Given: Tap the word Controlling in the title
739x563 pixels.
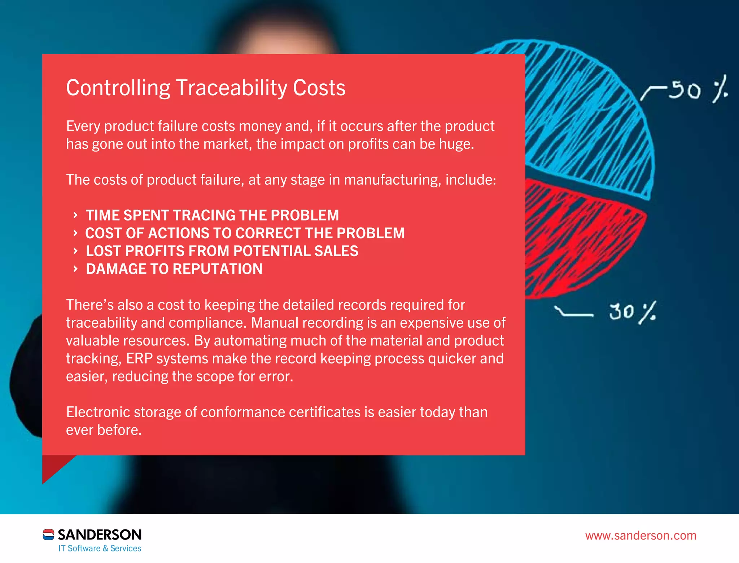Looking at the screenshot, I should (118, 88).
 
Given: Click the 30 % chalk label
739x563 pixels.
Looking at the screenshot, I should (632, 312).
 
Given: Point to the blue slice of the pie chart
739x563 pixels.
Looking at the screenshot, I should (588, 115).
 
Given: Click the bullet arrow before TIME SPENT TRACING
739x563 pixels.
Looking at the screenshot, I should (75, 215).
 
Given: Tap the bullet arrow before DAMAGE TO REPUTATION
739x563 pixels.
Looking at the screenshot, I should (75, 269).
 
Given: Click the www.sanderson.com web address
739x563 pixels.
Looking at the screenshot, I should (640, 536).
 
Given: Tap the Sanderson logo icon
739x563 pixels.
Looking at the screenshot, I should (48, 534).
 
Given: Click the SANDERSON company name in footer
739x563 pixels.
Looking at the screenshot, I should (100, 534).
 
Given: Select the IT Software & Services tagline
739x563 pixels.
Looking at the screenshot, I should (100, 549).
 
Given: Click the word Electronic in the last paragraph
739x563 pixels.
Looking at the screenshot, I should (98, 412).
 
